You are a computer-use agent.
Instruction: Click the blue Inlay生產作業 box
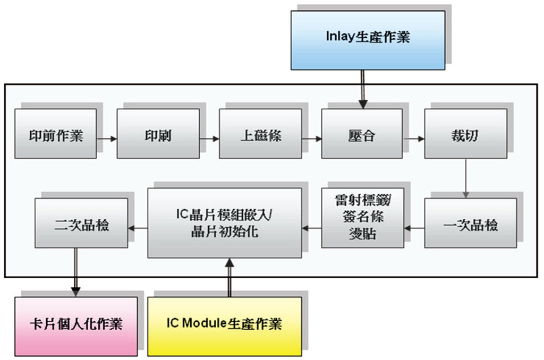(368, 40)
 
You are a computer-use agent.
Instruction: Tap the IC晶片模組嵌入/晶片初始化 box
(224, 223)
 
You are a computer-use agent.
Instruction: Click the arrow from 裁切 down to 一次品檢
(466, 178)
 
